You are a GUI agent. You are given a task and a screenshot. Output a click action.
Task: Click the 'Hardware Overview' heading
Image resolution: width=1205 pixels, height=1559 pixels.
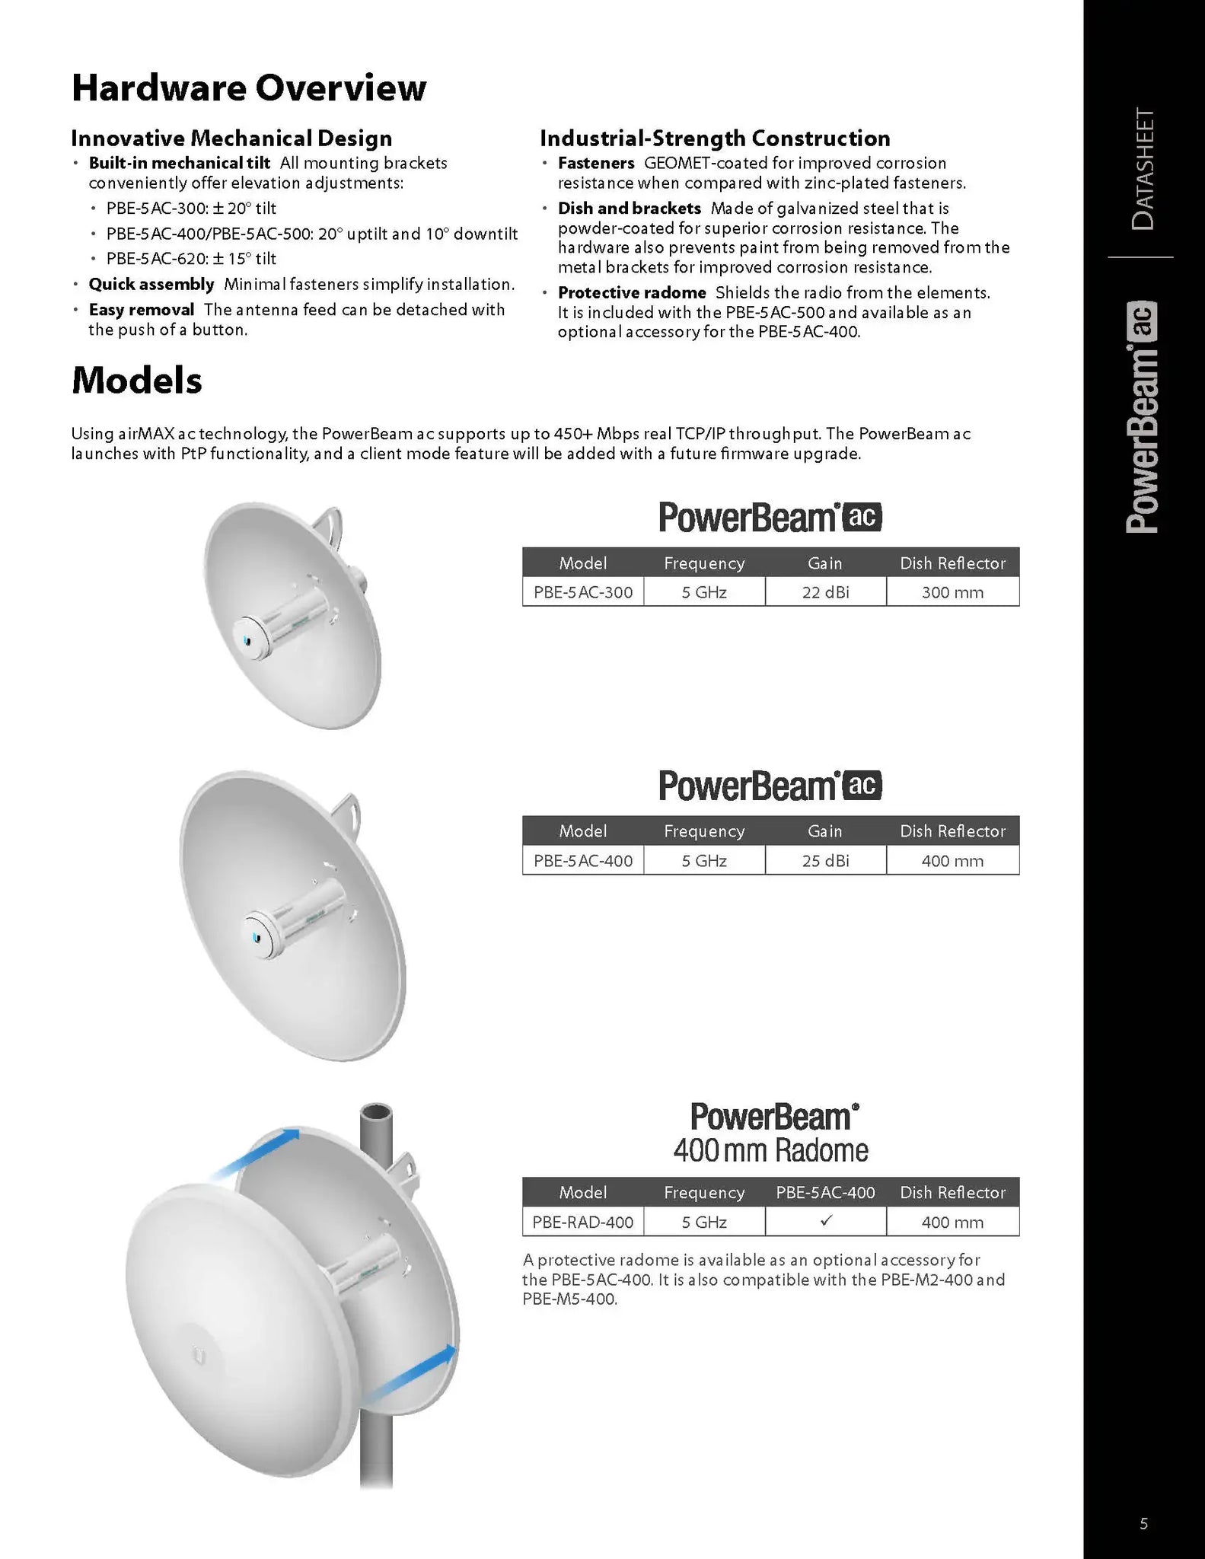click(x=249, y=88)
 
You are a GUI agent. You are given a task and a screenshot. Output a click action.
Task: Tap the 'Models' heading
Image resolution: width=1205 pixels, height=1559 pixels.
click(x=137, y=380)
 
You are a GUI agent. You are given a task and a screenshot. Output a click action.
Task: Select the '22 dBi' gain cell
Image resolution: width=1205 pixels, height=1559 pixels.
click(x=825, y=592)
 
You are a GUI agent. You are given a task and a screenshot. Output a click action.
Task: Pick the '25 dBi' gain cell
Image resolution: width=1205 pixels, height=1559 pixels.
click(x=825, y=861)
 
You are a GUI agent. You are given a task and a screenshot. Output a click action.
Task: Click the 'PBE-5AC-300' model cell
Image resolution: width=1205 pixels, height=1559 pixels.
click(x=583, y=592)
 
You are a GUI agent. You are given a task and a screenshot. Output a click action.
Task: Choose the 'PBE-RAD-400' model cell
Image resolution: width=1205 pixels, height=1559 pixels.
click(x=583, y=1222)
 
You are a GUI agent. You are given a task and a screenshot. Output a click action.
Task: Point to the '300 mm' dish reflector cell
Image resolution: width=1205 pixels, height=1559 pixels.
click(x=952, y=592)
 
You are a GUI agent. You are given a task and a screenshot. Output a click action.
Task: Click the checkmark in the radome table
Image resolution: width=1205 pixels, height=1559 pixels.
click(x=826, y=1220)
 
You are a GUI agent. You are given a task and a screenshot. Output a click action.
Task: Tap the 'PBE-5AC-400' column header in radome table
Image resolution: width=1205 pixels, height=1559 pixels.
click(x=825, y=1192)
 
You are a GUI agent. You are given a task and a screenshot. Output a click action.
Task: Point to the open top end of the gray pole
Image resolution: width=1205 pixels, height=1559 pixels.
click(x=377, y=1114)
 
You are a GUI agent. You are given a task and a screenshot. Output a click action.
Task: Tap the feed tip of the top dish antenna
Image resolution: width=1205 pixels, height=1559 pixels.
click(x=246, y=639)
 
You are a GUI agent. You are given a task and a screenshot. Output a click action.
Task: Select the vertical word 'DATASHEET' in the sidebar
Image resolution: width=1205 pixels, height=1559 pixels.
click(x=1143, y=170)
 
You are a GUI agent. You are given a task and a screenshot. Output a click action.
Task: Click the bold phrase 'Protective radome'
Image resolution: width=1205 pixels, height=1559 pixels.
click(x=632, y=293)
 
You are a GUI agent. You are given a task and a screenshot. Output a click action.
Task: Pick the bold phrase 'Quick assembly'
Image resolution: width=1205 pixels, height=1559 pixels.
click(x=151, y=285)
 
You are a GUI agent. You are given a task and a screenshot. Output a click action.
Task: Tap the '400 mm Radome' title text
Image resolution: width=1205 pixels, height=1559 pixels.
click(x=770, y=1150)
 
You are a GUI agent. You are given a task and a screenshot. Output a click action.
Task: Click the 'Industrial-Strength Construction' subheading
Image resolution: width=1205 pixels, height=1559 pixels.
click(x=715, y=139)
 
